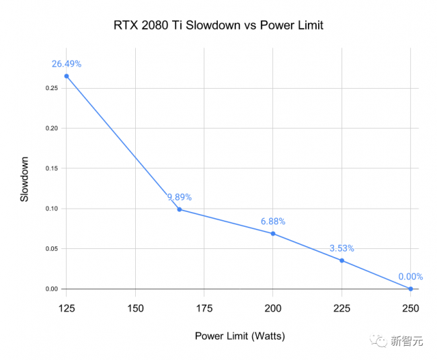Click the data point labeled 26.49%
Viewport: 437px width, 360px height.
(67, 76)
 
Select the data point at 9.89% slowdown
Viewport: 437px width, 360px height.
(180, 209)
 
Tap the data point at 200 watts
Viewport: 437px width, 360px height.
(273, 233)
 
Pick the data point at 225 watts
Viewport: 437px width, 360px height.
(342, 260)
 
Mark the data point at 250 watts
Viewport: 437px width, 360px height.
(411, 289)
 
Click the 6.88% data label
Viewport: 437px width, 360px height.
(273, 221)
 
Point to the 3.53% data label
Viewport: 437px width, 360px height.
(342, 248)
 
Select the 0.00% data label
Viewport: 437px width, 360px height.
(411, 277)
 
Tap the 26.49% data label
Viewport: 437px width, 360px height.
(67, 64)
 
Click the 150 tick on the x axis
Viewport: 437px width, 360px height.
(135, 308)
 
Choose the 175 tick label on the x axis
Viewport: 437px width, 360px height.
(204, 308)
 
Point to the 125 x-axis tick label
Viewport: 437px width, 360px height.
(67, 308)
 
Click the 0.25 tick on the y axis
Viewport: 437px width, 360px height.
(52, 88)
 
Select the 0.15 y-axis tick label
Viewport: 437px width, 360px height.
(52, 168)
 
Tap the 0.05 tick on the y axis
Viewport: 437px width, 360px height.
(52, 249)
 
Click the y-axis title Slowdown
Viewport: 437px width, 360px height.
(24, 179)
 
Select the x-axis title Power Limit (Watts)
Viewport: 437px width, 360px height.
(240, 336)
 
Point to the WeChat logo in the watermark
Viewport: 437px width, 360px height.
(379, 340)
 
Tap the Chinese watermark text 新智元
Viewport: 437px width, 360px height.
(407, 340)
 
